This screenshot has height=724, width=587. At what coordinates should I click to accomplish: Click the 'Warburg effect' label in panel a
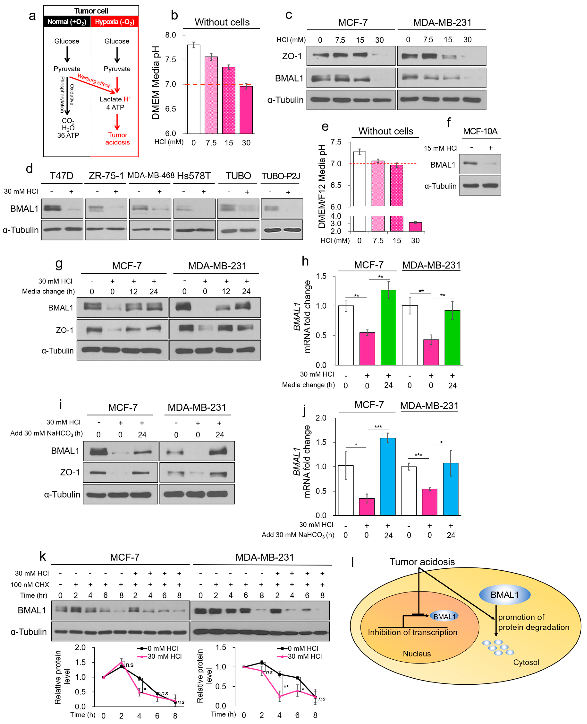(x=94, y=80)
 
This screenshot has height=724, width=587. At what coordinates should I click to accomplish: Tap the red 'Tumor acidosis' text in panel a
(x=117, y=139)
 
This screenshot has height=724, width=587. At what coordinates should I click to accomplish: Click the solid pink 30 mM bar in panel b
(x=246, y=110)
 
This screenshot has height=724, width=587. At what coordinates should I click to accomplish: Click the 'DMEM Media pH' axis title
(x=155, y=83)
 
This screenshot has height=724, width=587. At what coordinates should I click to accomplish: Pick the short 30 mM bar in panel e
(x=415, y=227)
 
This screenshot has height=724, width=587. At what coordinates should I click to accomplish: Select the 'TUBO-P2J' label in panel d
(x=281, y=176)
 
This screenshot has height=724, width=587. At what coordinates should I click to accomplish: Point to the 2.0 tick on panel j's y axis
(x=321, y=418)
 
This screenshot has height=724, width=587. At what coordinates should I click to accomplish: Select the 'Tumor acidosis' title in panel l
(x=422, y=562)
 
